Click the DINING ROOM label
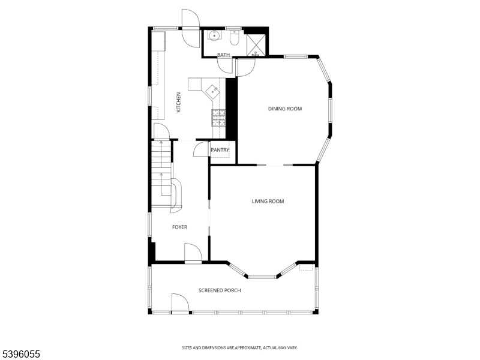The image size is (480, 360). tap(285, 109)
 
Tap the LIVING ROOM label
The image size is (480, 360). tap(268, 201)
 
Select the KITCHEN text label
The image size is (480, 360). tap(178, 102)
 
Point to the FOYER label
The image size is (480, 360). tap(179, 227)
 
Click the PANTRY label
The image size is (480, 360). tap(220, 150)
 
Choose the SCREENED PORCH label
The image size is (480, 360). tap(220, 290)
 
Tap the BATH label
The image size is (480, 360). tap(223, 55)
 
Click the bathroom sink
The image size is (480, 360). tap(214, 35)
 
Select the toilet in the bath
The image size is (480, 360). tap(234, 38)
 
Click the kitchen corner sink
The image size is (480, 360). tap(212, 91)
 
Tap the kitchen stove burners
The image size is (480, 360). tap(218, 118)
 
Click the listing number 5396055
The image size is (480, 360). tap(20, 354)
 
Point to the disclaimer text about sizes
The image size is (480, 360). tap(240, 348)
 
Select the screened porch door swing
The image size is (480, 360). tap(180, 303)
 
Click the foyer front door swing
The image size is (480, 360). tap(193, 253)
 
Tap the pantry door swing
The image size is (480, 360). tap(201, 149)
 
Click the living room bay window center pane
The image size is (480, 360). tap(262, 277)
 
